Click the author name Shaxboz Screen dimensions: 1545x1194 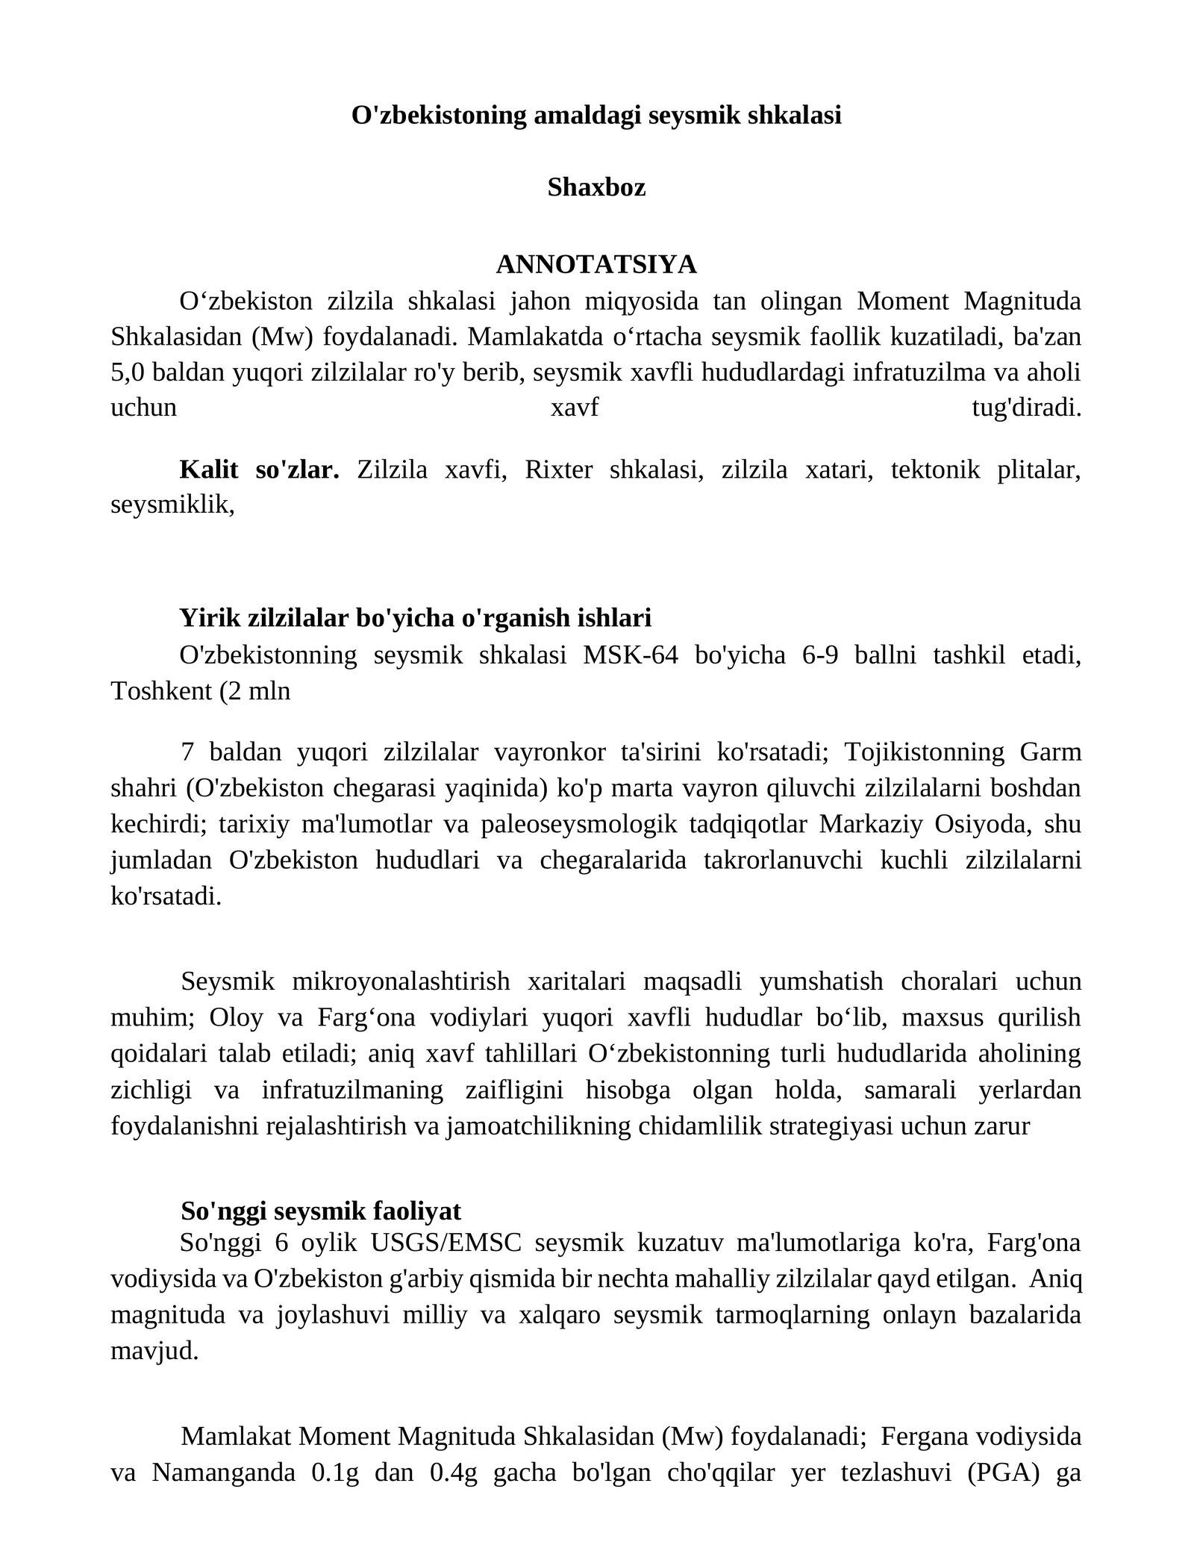click(x=596, y=187)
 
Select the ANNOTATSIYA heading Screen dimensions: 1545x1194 click(x=596, y=264)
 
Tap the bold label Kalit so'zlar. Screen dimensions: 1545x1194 click(x=259, y=469)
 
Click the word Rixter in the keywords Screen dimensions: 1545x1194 click(x=559, y=469)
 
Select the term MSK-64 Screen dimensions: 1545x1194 click(x=631, y=655)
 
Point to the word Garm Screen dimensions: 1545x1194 click(x=1051, y=752)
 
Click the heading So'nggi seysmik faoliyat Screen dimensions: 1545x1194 click(x=321, y=1210)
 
